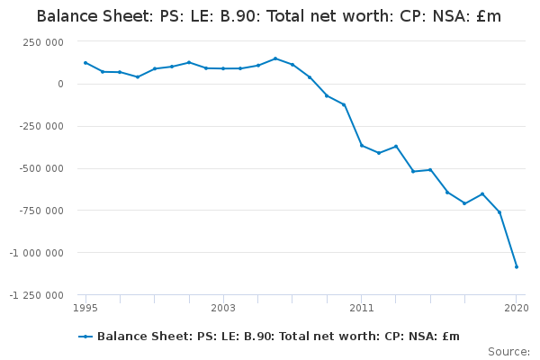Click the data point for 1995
85,63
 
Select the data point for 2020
517,266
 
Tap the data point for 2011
362,146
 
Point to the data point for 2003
223,68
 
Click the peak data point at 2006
275,58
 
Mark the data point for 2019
499,212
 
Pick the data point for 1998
138,76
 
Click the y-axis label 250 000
43,42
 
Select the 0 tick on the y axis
60,84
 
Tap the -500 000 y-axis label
41,168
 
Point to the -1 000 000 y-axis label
37,253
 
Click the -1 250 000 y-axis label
37,295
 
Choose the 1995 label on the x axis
85,308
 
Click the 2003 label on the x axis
223,308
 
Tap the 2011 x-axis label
362,308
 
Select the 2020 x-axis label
517,308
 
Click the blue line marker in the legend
85,337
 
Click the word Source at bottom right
508,352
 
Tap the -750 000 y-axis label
41,211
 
